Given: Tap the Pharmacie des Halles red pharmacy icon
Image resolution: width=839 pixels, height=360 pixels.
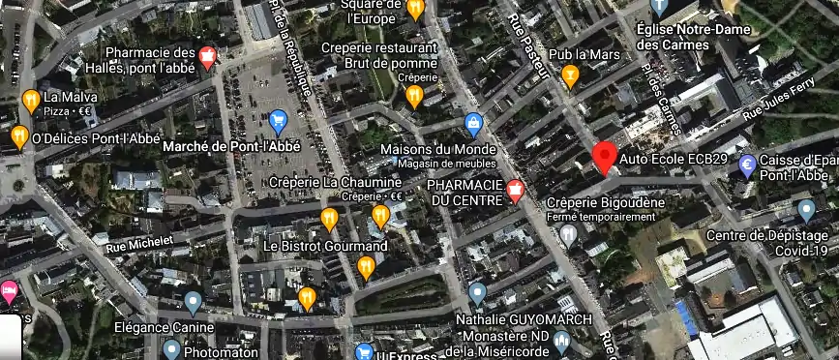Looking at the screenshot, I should pos(206,59).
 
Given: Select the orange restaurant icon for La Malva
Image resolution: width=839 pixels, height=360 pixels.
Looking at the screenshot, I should pos(30,100).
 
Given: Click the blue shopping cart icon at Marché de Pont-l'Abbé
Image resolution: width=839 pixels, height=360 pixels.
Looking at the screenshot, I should pos(278,122).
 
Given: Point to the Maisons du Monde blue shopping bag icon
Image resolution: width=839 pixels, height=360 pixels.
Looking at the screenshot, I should pos(473,124).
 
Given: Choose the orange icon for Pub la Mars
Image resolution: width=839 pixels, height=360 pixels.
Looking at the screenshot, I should pos(570,75).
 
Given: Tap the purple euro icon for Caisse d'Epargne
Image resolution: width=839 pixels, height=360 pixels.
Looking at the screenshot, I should pos(747,166).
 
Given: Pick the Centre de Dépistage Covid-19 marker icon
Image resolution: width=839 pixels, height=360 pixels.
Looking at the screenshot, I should pos(806,210).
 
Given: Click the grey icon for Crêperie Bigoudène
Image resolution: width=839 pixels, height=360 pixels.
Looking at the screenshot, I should pos(569,234).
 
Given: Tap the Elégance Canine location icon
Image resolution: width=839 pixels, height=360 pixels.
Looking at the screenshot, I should pos(193,303).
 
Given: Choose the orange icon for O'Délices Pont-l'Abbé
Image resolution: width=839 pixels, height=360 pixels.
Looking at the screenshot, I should pos(19,136).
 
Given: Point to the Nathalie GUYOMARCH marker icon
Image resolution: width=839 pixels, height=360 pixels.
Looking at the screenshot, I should pos(476,293).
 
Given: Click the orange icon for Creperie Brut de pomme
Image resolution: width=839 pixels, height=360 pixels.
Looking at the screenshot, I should pos(414,95).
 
